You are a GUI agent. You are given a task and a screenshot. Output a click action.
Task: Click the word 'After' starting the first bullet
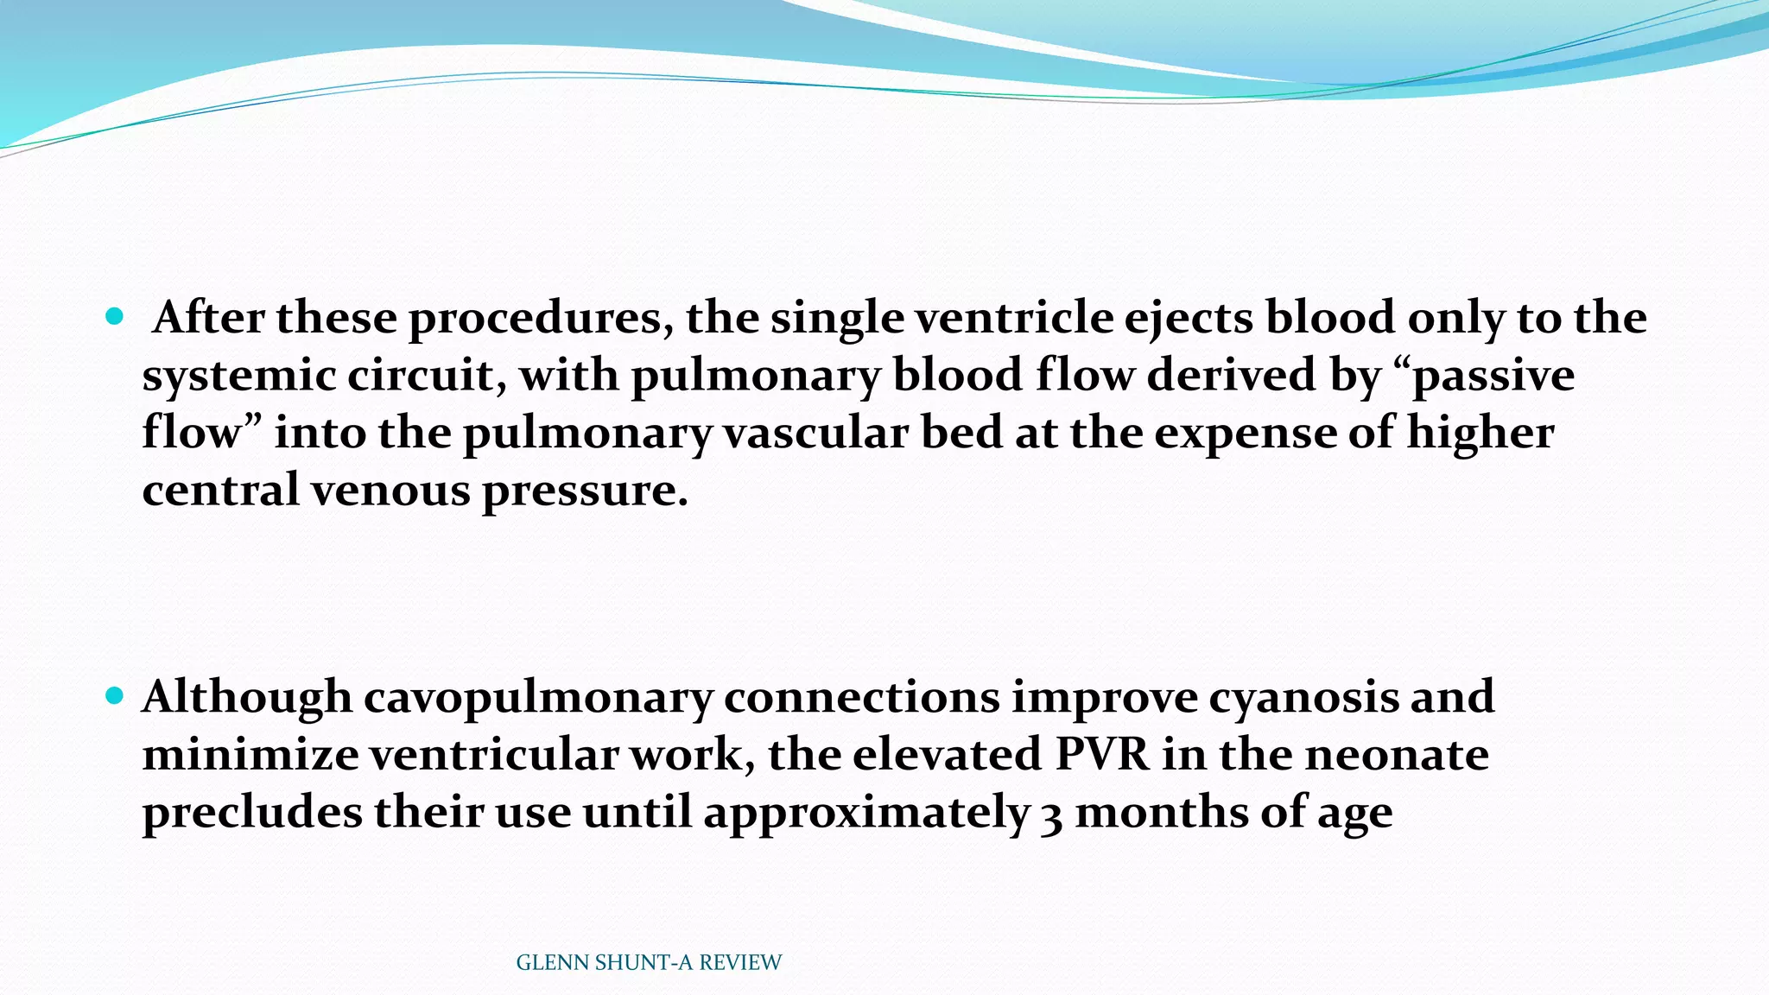click(x=208, y=318)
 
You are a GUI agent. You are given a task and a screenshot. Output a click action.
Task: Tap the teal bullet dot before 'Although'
click(x=114, y=695)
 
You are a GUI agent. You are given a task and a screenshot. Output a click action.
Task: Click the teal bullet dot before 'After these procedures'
click(x=114, y=317)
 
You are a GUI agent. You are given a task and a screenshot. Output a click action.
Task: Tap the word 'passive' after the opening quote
click(x=1493, y=376)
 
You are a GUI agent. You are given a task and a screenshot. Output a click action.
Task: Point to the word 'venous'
click(x=390, y=491)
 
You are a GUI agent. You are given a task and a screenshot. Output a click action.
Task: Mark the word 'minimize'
click(x=250, y=755)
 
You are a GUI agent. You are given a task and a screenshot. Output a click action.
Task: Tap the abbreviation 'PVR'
click(x=1102, y=755)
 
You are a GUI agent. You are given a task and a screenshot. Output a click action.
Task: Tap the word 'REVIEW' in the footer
click(x=740, y=963)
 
